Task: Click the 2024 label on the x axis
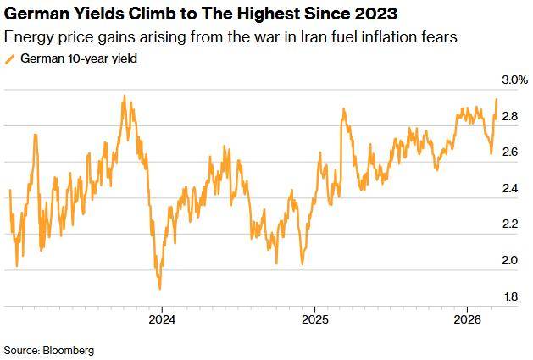[162, 320]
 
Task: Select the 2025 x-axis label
[314, 320]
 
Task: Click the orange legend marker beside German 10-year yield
[9, 58]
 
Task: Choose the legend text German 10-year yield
[78, 58]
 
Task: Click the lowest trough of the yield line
[159, 289]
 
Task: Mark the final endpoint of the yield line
[497, 100]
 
